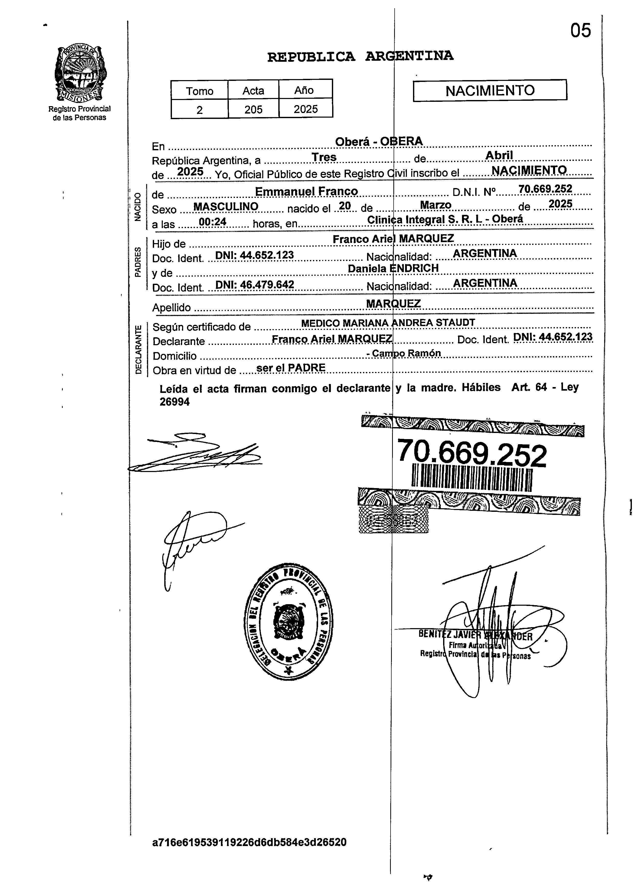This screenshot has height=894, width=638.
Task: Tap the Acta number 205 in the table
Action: pyautogui.click(x=253, y=109)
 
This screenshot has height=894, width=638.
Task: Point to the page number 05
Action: pyautogui.click(x=581, y=31)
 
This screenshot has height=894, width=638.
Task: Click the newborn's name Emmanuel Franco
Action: pyautogui.click(x=306, y=191)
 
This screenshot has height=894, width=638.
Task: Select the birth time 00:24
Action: pyautogui.click(x=212, y=222)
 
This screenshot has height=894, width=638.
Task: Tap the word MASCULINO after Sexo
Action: pyautogui.click(x=226, y=207)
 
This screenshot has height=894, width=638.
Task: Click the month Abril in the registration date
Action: pyautogui.click(x=499, y=156)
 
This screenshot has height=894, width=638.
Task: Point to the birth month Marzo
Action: pyautogui.click(x=435, y=205)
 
